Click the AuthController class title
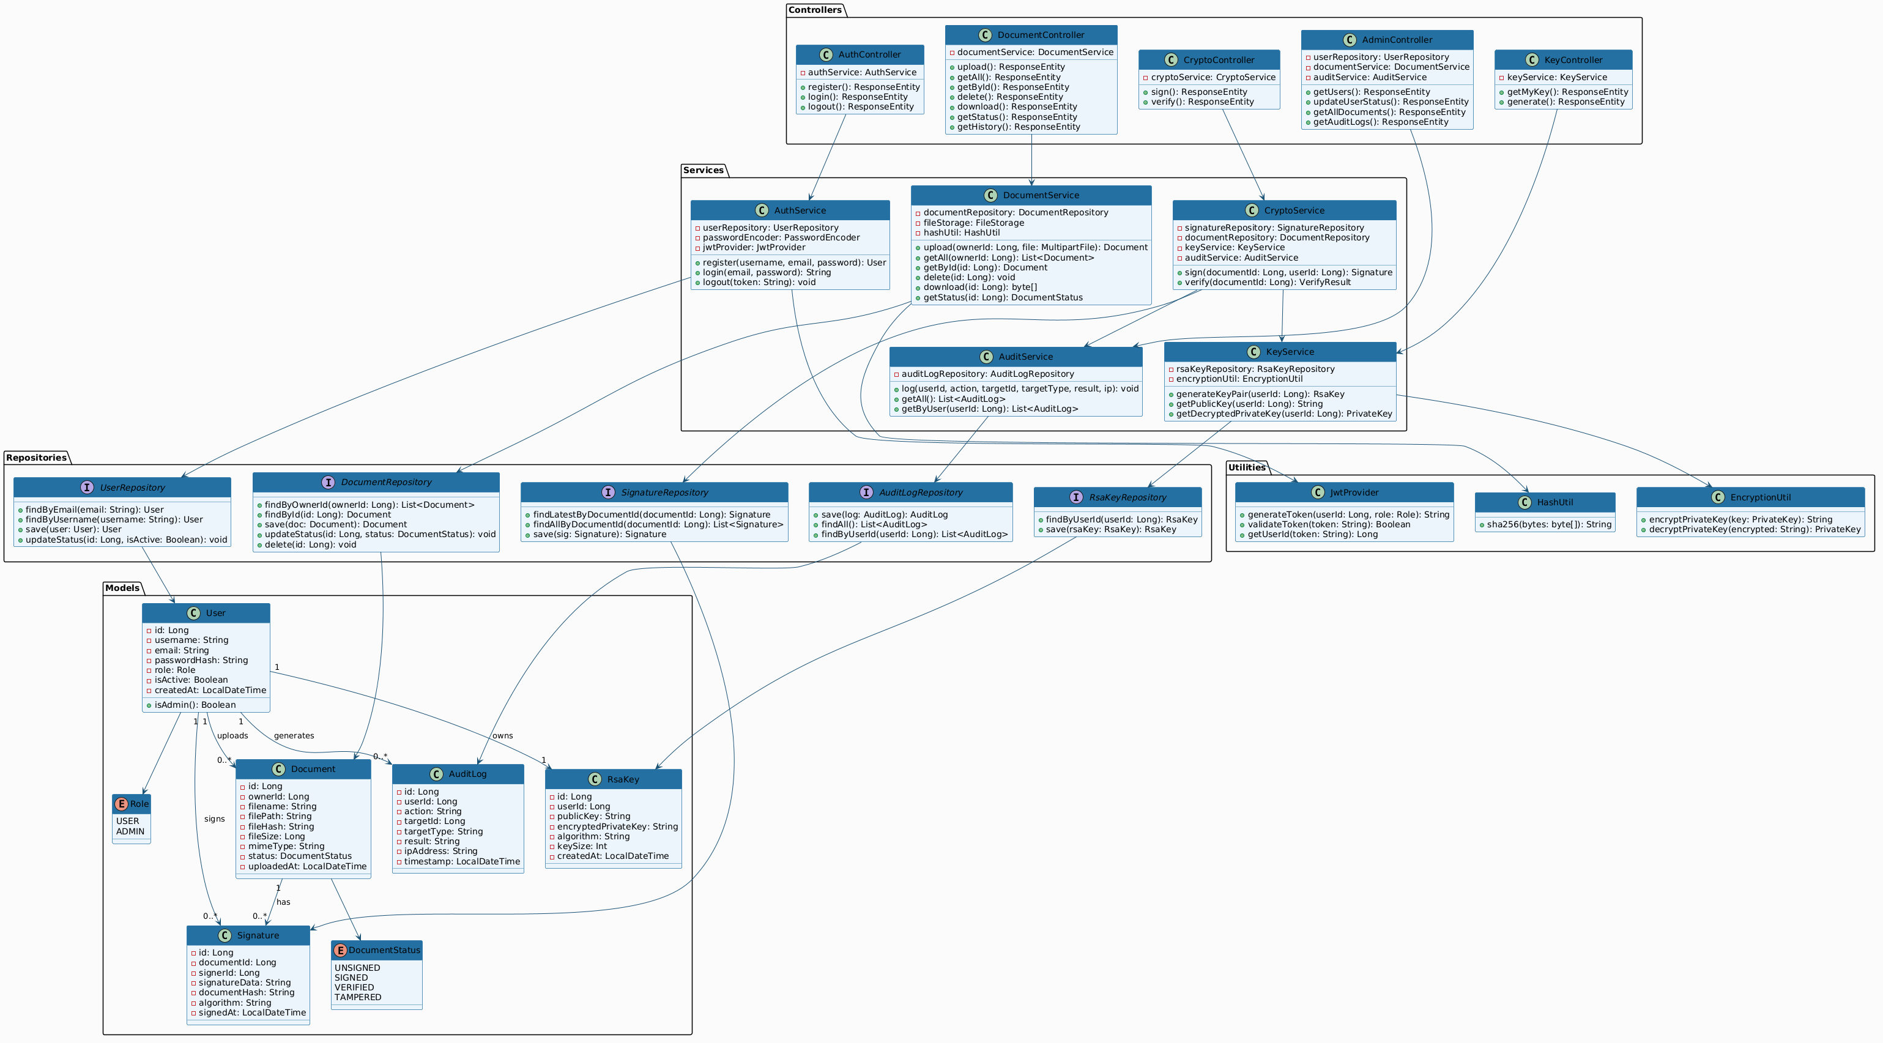coord(869,55)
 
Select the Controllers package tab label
coord(815,10)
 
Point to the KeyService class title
coord(1290,352)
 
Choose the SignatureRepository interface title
coord(666,492)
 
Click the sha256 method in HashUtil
coord(1549,524)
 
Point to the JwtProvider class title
coord(1354,492)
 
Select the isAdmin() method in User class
coord(195,705)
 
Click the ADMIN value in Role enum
coord(130,831)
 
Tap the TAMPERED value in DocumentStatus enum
coord(358,997)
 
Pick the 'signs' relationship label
coord(214,818)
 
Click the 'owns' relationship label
coord(502,735)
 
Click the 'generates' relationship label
coord(294,735)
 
